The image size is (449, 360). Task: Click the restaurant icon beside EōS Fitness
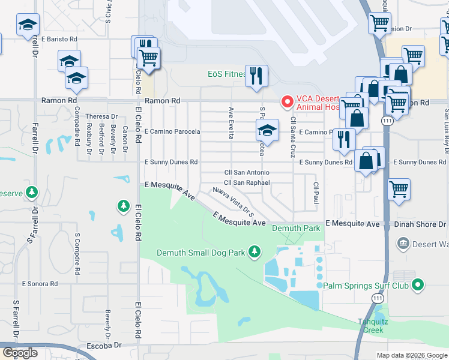point(256,75)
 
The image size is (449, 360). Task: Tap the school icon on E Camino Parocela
point(267,130)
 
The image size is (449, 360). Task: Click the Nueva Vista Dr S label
point(235,202)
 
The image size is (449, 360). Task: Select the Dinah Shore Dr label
point(421,223)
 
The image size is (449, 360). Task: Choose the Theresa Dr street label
point(101,116)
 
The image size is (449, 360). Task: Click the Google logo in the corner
point(19,353)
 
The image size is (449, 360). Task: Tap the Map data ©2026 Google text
point(411,355)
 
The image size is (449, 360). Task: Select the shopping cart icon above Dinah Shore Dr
point(399,189)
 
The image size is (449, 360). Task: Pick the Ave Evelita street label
point(231,123)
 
